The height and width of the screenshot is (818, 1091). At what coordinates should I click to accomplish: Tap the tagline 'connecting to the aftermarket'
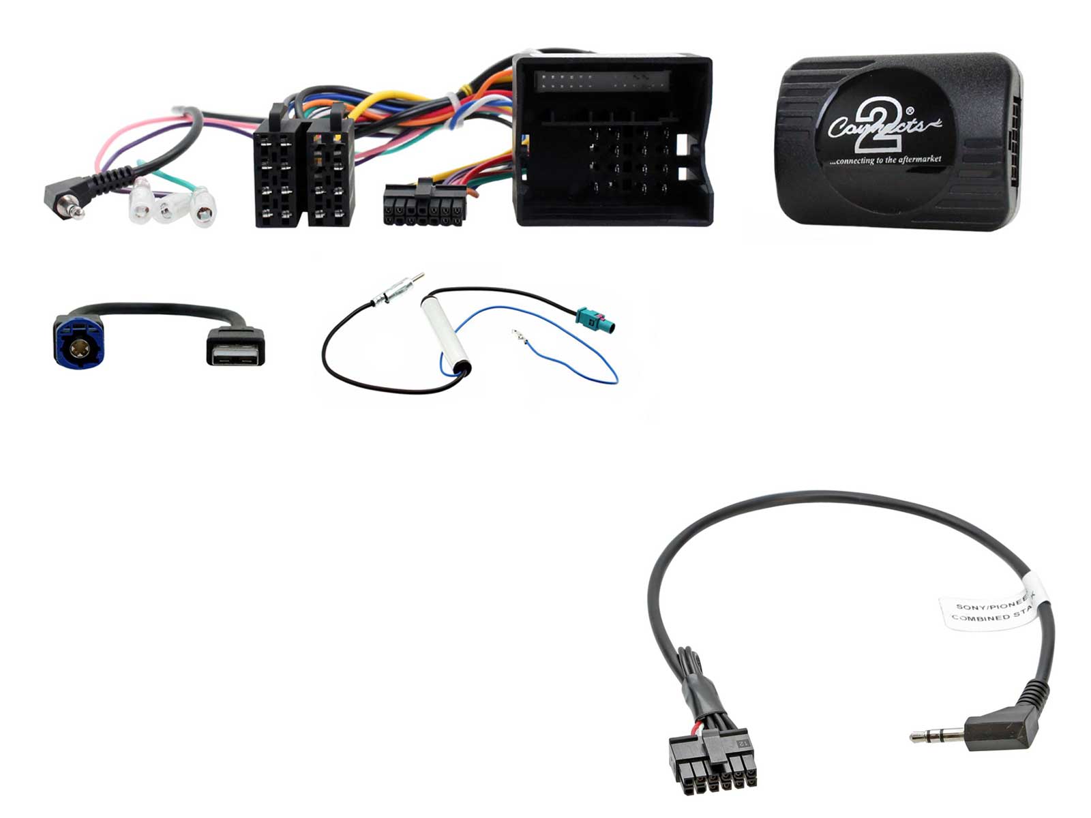pos(884,160)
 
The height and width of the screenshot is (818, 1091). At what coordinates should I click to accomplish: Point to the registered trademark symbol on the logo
pos(910,109)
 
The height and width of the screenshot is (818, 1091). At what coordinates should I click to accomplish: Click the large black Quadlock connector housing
pos(612,143)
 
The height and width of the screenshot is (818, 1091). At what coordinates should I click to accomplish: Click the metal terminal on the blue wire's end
pos(518,335)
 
